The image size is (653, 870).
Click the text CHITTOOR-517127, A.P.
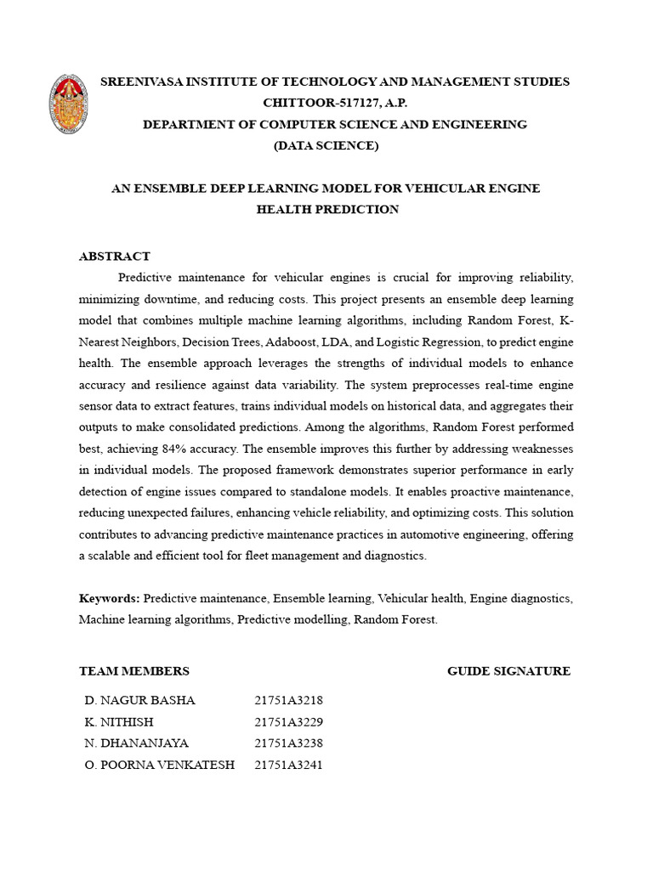tap(335, 103)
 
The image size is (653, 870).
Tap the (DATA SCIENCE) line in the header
tap(326, 145)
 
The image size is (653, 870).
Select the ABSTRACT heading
tap(115, 256)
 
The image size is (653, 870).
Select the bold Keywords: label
tap(110, 598)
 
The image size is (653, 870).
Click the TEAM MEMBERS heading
tap(134, 670)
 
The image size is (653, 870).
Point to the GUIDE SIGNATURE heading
tap(508, 670)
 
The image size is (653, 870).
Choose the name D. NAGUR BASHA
tap(140, 700)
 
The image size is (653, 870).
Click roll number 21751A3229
tap(288, 721)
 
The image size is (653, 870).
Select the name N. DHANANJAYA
tap(137, 743)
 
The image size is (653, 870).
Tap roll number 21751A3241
tap(288, 764)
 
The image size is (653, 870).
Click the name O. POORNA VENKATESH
tap(160, 764)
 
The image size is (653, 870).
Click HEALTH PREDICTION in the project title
tap(327, 209)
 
